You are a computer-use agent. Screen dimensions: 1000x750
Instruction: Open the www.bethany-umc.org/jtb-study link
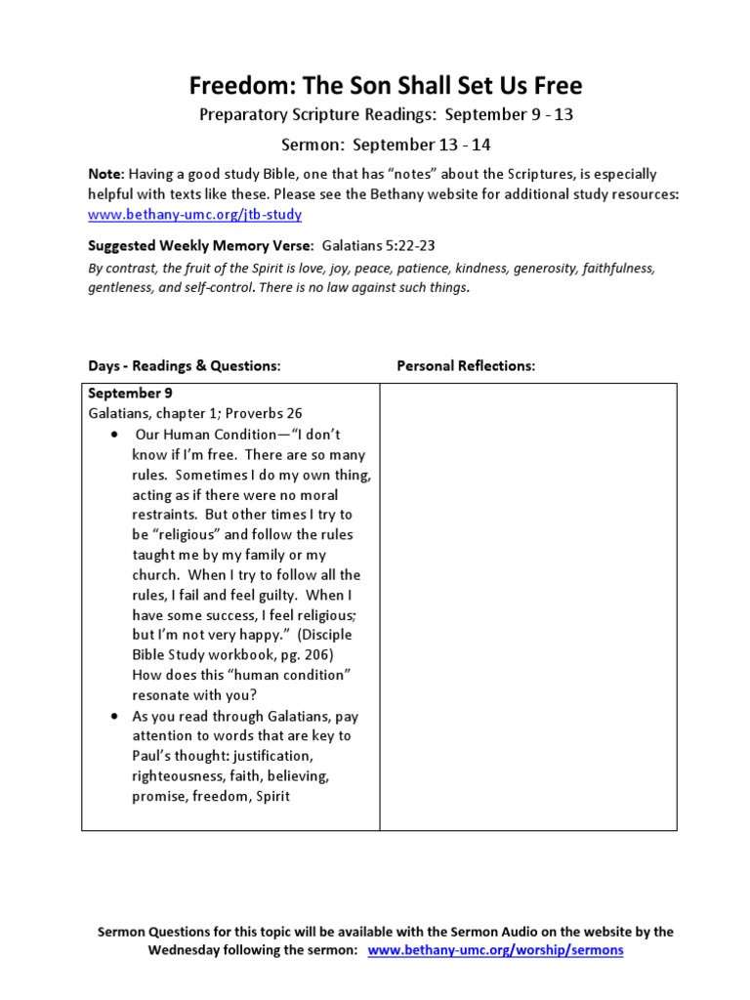pyautogui.click(x=194, y=214)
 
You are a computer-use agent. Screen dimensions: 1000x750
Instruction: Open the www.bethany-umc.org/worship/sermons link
pyautogui.click(x=496, y=949)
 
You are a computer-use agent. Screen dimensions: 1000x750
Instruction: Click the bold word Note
pyautogui.click(x=105, y=174)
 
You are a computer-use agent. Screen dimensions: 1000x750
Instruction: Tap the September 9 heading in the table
pyautogui.click(x=124, y=393)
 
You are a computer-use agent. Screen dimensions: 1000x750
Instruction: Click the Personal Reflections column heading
pyautogui.click(x=466, y=365)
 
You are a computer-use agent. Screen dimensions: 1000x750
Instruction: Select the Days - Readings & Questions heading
pyautogui.click(x=185, y=365)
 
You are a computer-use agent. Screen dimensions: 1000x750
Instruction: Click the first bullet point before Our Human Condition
pyautogui.click(x=115, y=434)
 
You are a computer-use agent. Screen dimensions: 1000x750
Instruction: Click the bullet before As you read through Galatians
pyautogui.click(x=115, y=716)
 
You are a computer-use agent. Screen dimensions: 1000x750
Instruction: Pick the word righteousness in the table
pyautogui.click(x=182, y=776)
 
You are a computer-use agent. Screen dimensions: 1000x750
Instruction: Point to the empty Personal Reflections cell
pyautogui.click(x=527, y=605)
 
